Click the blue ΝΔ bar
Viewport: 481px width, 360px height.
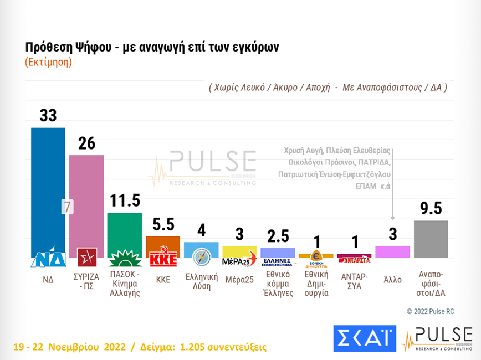[x=48, y=188]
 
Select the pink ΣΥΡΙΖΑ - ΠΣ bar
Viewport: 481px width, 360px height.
[x=86, y=199]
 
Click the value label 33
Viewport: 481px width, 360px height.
[x=48, y=115]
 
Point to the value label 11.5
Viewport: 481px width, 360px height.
[x=125, y=201]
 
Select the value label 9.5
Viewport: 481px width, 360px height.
[x=431, y=208]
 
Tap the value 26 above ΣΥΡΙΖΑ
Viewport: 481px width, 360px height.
[x=86, y=143]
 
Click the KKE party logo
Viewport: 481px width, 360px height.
[x=163, y=259]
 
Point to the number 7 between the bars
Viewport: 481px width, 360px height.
[x=67, y=207]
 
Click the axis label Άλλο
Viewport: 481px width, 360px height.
[x=392, y=280]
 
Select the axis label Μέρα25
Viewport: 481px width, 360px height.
[x=239, y=280]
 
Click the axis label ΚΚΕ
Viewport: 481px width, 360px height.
[x=163, y=280]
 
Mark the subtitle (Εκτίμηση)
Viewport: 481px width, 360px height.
[x=49, y=62]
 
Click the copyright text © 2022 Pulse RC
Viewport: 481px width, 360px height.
[x=431, y=311]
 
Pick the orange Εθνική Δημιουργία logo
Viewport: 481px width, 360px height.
[x=316, y=258]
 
